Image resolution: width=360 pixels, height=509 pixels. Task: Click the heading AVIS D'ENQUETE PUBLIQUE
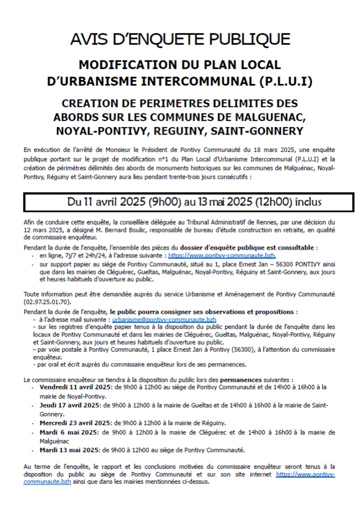[180, 39]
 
